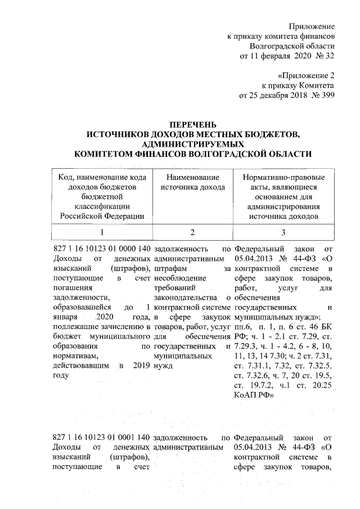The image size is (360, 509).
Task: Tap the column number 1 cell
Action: click(102, 232)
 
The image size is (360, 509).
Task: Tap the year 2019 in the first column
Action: click(141, 366)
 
